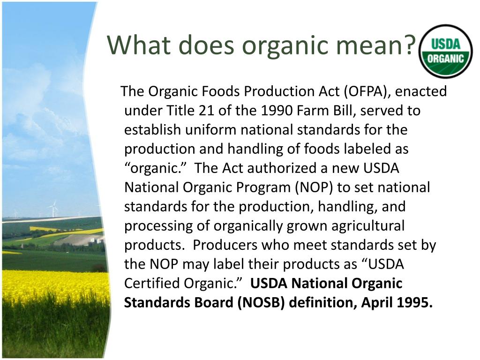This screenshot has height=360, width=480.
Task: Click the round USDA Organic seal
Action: (x=445, y=51)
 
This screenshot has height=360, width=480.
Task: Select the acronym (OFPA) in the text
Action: (x=367, y=91)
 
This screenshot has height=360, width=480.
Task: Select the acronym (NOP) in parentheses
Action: (x=314, y=187)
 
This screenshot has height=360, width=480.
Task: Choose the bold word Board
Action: (x=213, y=303)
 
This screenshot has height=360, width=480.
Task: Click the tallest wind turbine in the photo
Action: (x=54, y=209)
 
